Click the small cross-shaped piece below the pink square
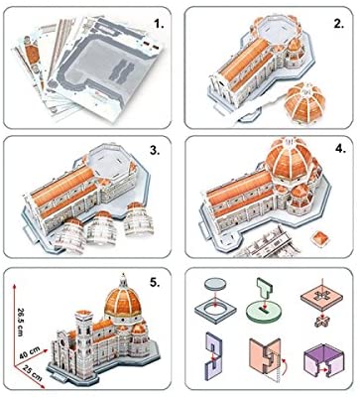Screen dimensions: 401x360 323,320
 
